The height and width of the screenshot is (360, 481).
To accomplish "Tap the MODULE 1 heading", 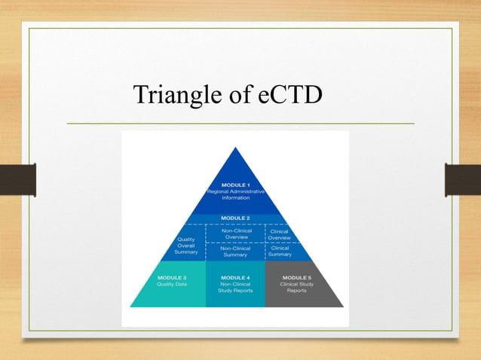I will [236, 185].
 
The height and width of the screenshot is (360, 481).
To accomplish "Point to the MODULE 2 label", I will [236, 218].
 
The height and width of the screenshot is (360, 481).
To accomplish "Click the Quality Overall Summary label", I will [186, 246].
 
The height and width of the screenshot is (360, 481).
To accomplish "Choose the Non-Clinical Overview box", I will [235, 233].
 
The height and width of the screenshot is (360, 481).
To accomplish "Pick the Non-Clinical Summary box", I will [235, 252].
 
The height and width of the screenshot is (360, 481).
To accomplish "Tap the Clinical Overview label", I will [280, 234].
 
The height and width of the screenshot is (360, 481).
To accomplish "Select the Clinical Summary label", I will [280, 252].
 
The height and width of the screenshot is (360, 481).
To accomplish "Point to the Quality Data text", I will [173, 285].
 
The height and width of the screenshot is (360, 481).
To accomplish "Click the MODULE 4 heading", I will [236, 277].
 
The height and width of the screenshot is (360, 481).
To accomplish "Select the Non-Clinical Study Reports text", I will [236, 288].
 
